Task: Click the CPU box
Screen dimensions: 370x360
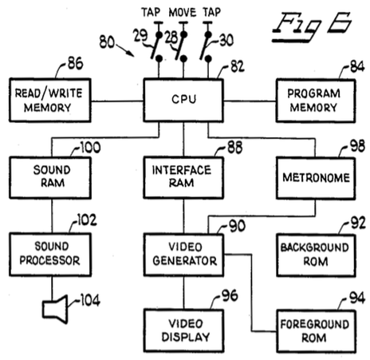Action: (183, 100)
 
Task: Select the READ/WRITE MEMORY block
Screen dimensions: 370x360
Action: (50, 100)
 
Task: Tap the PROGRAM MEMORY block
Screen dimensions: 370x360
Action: (316, 101)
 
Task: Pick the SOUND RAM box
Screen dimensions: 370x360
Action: (50, 178)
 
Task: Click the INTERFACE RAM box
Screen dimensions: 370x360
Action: (183, 178)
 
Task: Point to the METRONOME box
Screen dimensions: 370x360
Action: (316, 178)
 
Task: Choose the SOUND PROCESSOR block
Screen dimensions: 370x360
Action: (50, 255)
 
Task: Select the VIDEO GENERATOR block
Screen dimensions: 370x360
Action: (183, 255)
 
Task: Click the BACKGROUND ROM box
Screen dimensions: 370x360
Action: (316, 255)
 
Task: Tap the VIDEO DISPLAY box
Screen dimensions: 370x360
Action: (183, 330)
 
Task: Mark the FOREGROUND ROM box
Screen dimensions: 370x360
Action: (317, 331)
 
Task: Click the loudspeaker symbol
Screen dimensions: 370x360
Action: (55, 309)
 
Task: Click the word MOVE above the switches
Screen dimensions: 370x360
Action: (183, 13)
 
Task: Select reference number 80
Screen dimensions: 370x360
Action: (107, 42)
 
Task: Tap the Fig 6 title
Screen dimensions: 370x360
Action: (312, 27)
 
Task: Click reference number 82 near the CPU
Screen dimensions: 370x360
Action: (238, 66)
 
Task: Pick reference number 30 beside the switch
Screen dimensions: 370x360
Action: (226, 41)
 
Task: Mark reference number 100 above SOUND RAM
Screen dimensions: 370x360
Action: (90, 148)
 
